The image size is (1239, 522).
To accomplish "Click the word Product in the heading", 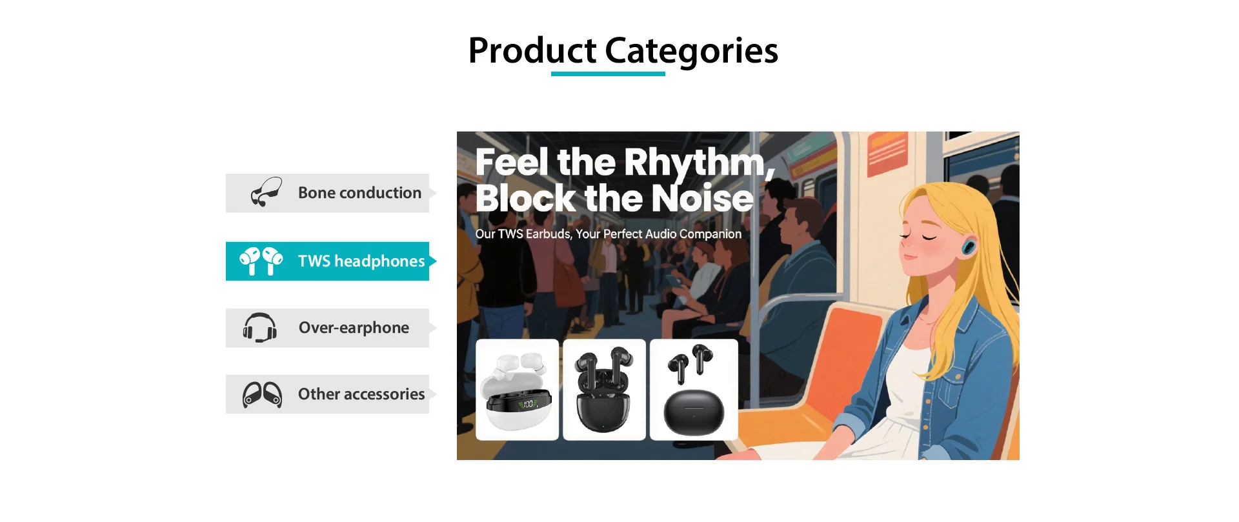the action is [x=532, y=51].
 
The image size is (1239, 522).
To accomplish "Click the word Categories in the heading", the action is [x=691, y=51].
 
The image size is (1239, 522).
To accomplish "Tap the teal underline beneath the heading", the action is [x=608, y=74].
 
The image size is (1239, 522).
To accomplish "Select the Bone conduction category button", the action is [x=331, y=193].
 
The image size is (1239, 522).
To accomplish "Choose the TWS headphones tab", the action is [x=331, y=261].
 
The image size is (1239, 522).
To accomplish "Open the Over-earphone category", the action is [x=331, y=328].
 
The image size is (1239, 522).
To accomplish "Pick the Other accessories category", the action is [x=331, y=394].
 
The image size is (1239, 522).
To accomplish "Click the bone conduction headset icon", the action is [x=266, y=192].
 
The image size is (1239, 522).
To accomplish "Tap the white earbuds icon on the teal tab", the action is [x=261, y=261].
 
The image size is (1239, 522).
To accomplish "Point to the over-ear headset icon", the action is [x=259, y=328].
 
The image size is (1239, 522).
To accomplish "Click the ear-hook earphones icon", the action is [x=262, y=395].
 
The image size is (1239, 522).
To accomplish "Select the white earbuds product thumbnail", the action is [x=518, y=390].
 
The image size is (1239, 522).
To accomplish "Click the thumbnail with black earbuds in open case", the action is [x=604, y=390].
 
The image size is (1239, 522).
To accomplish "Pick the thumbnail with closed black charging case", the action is [x=694, y=390].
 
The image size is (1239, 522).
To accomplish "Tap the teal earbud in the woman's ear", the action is [x=969, y=246].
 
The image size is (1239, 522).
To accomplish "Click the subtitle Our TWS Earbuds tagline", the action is [x=609, y=234].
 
